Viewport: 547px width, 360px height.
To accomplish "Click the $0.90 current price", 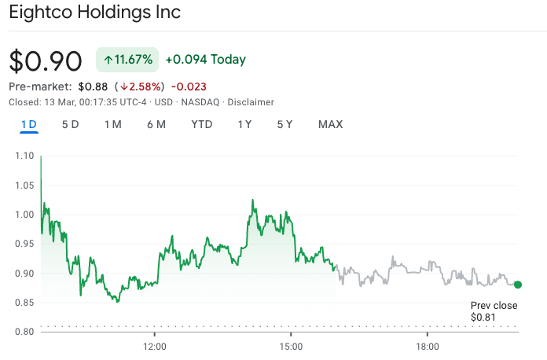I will click(46, 61).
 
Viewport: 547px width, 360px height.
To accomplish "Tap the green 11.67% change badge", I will click(127, 60).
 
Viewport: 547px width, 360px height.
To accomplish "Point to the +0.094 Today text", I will click(205, 60).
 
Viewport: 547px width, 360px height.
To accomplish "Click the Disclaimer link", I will click(251, 102).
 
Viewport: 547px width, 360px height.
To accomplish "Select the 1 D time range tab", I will click(29, 124).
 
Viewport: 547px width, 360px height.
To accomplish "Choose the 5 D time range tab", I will click(71, 124).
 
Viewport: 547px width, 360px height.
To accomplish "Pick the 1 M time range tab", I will click(112, 124).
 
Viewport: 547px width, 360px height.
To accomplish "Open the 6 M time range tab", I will click(156, 124).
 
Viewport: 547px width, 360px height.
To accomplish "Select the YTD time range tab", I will click(202, 124).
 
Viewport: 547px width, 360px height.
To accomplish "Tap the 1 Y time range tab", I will click(244, 124).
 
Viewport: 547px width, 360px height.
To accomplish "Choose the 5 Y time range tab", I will click(285, 124).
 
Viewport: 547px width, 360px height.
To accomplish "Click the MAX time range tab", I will click(330, 124).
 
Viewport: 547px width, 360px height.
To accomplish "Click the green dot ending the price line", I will click(518, 285).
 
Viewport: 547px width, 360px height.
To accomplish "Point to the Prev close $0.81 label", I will click(494, 311).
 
